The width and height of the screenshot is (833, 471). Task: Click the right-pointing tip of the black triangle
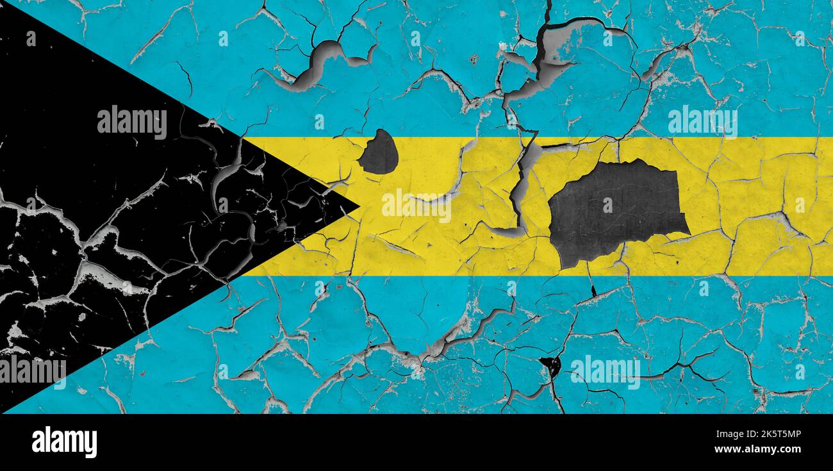[358, 206]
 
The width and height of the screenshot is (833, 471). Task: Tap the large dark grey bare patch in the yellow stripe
[615, 211]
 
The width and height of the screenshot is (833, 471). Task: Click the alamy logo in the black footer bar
[64, 442]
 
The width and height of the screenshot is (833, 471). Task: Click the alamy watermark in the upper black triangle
[131, 122]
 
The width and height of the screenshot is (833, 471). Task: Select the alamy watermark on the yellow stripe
[416, 205]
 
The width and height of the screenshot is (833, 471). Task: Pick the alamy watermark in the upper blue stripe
[702, 121]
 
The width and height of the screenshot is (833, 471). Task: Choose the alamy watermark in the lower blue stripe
[605, 372]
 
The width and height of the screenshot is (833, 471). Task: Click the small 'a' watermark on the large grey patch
[607, 205]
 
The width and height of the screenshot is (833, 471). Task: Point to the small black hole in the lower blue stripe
[550, 366]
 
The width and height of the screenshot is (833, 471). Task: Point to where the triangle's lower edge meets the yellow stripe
[244, 276]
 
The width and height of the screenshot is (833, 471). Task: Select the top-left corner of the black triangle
[3, 3]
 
